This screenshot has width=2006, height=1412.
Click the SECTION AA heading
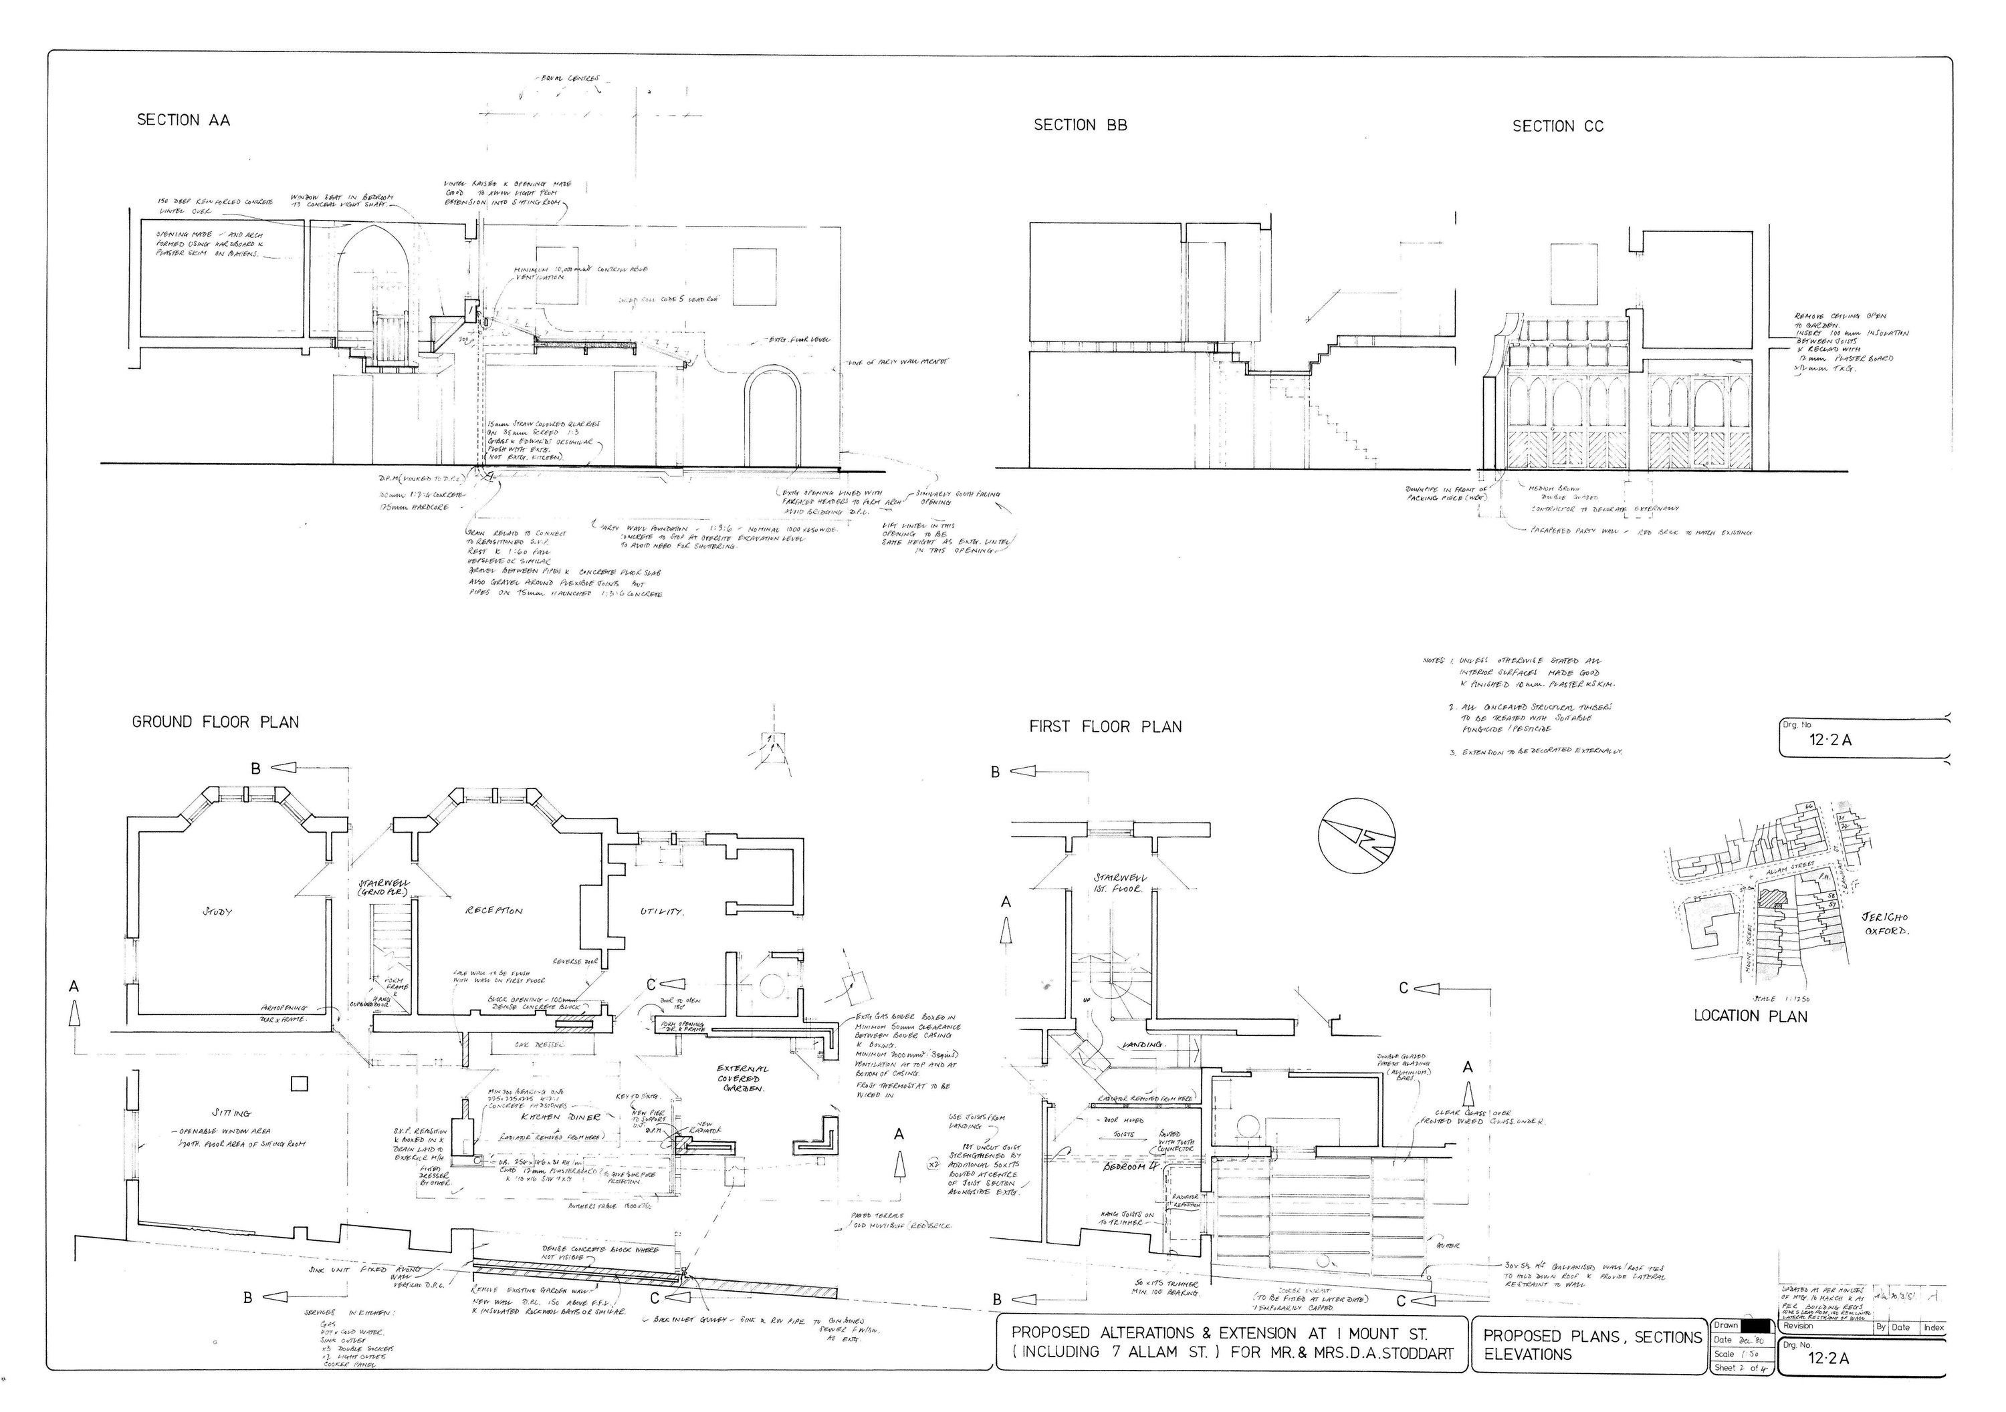click(183, 120)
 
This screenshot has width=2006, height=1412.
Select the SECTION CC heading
click(1558, 126)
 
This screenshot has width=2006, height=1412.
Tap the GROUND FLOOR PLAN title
click(215, 722)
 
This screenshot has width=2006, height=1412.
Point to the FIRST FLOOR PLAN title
click(1105, 726)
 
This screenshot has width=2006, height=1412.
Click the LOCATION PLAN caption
click(1750, 1016)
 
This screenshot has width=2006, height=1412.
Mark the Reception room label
click(495, 911)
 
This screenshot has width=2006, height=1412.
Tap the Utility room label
click(661, 911)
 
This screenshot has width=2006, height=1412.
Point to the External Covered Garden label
click(744, 1079)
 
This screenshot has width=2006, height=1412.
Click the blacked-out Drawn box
click(1755, 1326)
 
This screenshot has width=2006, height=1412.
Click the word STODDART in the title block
click(1412, 1353)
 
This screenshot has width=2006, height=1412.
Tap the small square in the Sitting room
click(299, 1084)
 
